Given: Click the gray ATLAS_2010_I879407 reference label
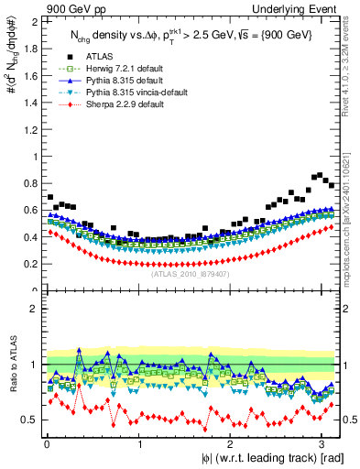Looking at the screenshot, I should click(x=190, y=273).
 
